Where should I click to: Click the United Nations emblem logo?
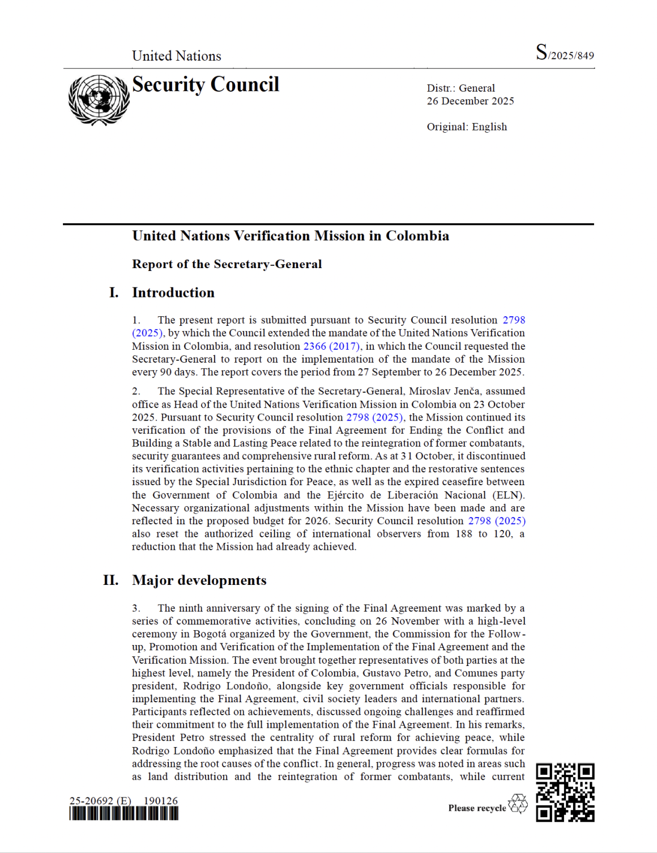[99, 100]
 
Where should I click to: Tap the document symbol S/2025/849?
[565, 53]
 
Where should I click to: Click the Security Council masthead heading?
[206, 85]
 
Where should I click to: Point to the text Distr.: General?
[460, 88]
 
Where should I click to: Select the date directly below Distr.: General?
[470, 101]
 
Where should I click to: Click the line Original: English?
[467, 127]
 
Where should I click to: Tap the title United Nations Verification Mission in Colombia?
[291, 236]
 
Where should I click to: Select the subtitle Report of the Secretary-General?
[227, 264]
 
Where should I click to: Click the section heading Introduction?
[173, 292]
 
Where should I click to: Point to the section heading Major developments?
[199, 580]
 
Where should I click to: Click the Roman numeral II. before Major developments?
[111, 580]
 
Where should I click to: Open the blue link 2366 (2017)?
[331, 346]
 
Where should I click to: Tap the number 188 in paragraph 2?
[463, 534]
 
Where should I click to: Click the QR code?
[565, 792]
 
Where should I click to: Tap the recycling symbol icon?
[518, 804]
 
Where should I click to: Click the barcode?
[123, 813]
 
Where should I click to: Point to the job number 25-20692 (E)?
[100, 801]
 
